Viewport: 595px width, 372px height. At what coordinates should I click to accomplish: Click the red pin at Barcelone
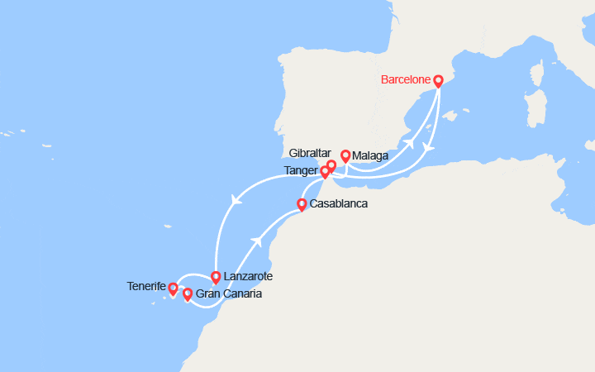click(438, 81)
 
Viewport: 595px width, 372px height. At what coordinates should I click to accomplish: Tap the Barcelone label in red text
click(406, 79)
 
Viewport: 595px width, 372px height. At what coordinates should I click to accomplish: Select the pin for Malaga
click(345, 155)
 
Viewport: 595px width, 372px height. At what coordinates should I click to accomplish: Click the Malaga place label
click(370, 155)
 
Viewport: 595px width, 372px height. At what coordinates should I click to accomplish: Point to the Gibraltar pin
click(331, 165)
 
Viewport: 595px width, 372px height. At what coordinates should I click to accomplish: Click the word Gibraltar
click(310, 154)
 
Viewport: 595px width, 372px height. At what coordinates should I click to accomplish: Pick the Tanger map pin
click(326, 172)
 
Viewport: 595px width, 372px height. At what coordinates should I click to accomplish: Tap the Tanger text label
click(301, 170)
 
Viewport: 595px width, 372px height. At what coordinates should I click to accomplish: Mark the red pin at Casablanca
click(302, 203)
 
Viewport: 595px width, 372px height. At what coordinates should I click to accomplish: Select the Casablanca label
click(338, 203)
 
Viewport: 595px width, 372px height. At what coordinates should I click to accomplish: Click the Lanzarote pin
click(216, 277)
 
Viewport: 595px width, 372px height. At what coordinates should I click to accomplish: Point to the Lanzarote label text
click(247, 276)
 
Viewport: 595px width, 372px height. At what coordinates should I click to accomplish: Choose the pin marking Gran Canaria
click(188, 293)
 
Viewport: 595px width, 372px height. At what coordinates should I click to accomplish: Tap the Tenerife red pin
click(173, 289)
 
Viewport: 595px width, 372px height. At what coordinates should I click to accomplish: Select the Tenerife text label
click(147, 287)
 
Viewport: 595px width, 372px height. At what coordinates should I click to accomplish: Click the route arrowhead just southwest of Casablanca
click(260, 241)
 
